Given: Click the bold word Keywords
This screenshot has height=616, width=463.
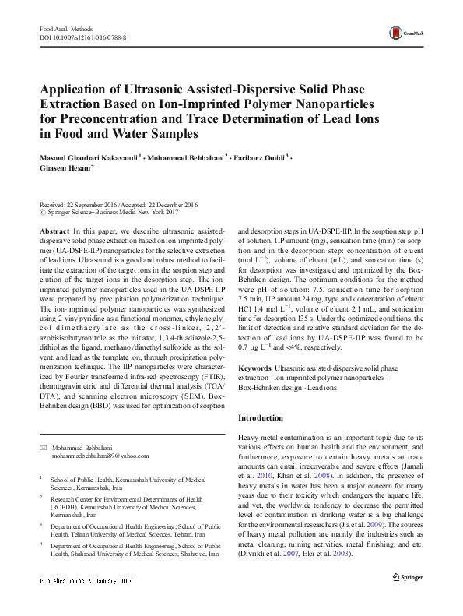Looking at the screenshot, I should pos(254,367).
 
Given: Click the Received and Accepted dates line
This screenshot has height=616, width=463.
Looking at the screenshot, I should pos(118,204).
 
